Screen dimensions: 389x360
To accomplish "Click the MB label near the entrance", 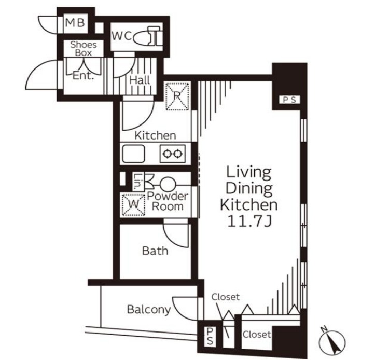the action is (75, 23).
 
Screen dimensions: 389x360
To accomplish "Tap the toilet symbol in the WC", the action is (148, 36).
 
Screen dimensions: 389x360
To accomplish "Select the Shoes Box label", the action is (84, 49).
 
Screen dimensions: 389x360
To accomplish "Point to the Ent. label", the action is (84, 76).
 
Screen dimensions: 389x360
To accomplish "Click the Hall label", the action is (140, 80).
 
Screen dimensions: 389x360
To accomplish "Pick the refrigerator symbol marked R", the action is (177, 96).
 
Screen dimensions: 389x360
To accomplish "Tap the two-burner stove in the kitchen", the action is (172, 154).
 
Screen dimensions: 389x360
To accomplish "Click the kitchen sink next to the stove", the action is (133, 154).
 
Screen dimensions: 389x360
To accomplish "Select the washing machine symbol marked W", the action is (133, 205).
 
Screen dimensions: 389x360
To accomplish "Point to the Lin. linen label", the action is (137, 181).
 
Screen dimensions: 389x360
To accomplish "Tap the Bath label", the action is (155, 251).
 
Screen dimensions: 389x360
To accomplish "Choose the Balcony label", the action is (149, 310).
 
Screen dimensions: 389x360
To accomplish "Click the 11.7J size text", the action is (249, 221).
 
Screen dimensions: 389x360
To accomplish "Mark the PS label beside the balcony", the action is (210, 336).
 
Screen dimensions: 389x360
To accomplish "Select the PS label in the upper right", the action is (290, 100).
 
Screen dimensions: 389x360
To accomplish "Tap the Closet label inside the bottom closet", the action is (257, 335).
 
